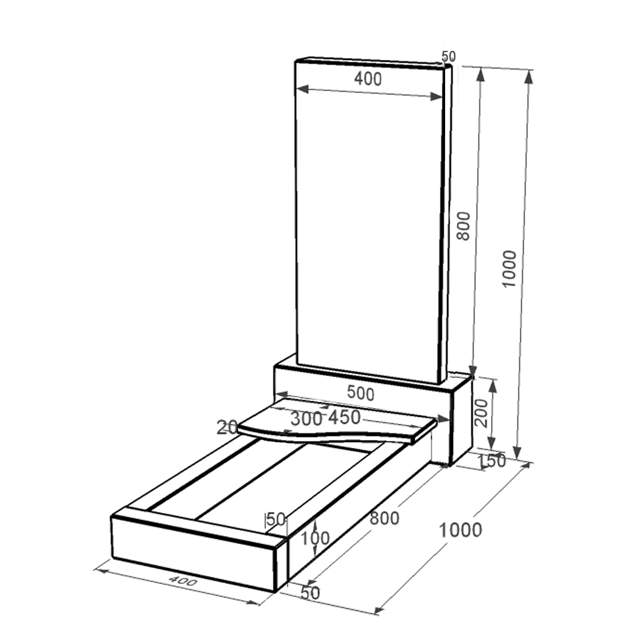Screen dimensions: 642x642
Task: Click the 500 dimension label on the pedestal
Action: (361, 393)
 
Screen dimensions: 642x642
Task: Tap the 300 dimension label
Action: (306, 419)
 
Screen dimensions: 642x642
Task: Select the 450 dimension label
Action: (345, 417)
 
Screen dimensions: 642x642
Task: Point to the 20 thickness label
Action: (227, 427)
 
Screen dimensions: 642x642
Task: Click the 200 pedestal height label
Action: (481, 414)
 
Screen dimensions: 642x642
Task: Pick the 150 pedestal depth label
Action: (492, 461)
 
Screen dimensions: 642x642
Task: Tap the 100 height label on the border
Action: (315, 538)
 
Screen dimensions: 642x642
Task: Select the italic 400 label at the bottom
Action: (183, 581)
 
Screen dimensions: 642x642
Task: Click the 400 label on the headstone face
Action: (368, 79)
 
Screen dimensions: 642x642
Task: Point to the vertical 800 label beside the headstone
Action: (463, 226)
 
